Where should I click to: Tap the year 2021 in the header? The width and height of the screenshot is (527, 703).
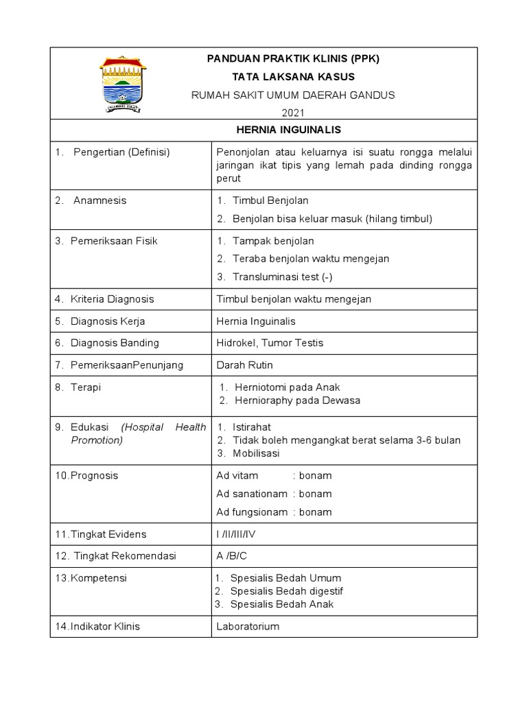click(293, 113)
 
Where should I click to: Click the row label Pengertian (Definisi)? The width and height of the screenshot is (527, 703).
click(121, 152)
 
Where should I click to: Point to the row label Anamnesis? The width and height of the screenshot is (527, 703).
click(100, 200)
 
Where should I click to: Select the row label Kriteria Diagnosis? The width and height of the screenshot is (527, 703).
click(113, 299)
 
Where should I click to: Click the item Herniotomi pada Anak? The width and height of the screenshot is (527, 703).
click(288, 387)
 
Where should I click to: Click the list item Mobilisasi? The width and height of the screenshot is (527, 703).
click(255, 453)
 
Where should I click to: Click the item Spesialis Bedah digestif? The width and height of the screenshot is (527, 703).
click(287, 591)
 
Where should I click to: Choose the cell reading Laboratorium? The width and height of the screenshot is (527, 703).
click(248, 627)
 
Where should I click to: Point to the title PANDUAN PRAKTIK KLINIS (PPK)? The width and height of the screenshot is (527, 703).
click(293, 59)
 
